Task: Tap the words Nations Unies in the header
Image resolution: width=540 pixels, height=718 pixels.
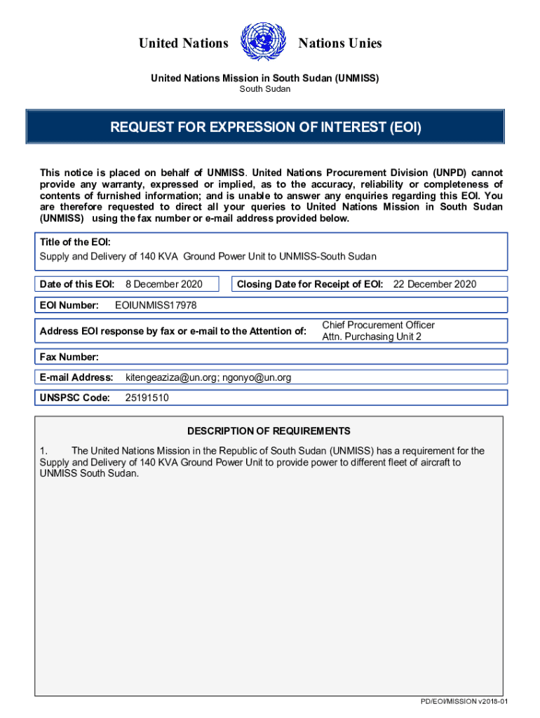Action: (x=340, y=43)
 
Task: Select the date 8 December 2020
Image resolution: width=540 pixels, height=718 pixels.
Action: (x=163, y=284)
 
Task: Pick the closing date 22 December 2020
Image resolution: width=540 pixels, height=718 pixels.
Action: (x=435, y=284)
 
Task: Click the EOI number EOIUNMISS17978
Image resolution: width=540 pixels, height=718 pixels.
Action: (x=156, y=305)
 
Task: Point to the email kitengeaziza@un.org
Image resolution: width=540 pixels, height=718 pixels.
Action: (x=171, y=378)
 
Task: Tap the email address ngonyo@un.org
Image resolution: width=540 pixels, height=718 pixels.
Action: (x=257, y=378)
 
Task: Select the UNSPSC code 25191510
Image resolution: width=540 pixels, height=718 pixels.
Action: (x=147, y=398)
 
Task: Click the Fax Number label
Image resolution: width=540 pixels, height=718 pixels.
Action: (x=69, y=357)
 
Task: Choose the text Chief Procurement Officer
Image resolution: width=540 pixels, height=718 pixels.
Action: (x=378, y=325)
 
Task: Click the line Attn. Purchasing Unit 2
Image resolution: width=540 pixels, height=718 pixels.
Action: (x=372, y=337)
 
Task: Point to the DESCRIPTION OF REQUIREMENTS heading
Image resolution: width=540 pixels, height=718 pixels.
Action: (x=269, y=431)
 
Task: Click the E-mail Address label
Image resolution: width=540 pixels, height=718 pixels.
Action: (x=76, y=378)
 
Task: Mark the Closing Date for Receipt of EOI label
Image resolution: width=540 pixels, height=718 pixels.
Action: (x=310, y=284)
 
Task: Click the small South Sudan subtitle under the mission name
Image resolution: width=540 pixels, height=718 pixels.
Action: (x=265, y=89)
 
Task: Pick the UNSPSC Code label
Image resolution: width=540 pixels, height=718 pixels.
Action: (x=75, y=398)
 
